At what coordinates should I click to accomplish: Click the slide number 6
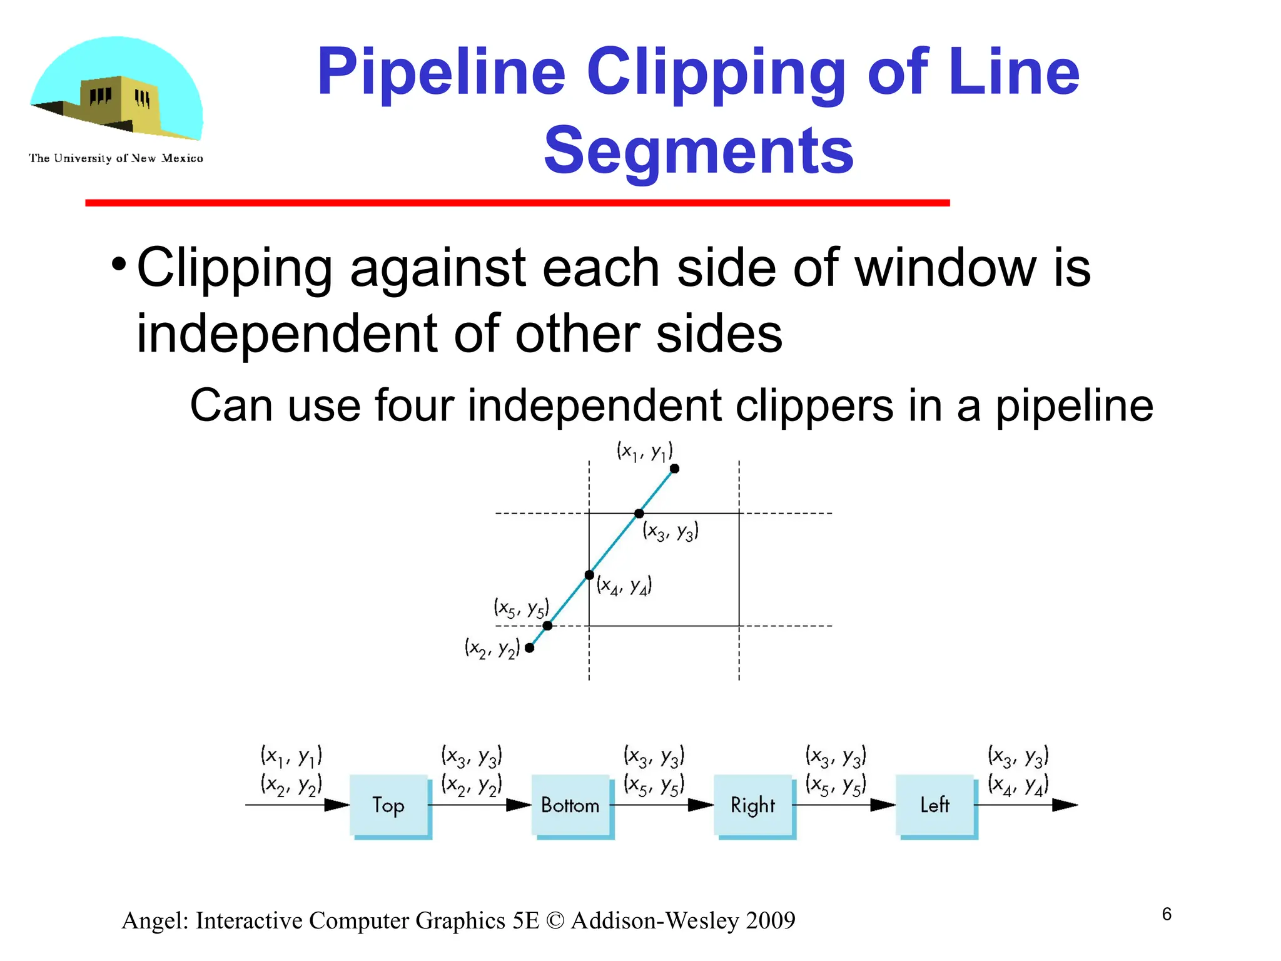tap(1167, 914)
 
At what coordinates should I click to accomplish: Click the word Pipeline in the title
tap(441, 73)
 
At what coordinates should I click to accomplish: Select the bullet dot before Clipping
tap(118, 265)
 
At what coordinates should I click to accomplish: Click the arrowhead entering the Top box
tap(337, 805)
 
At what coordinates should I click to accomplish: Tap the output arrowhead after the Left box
tap(1065, 805)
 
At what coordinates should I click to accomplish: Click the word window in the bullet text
tap(944, 268)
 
